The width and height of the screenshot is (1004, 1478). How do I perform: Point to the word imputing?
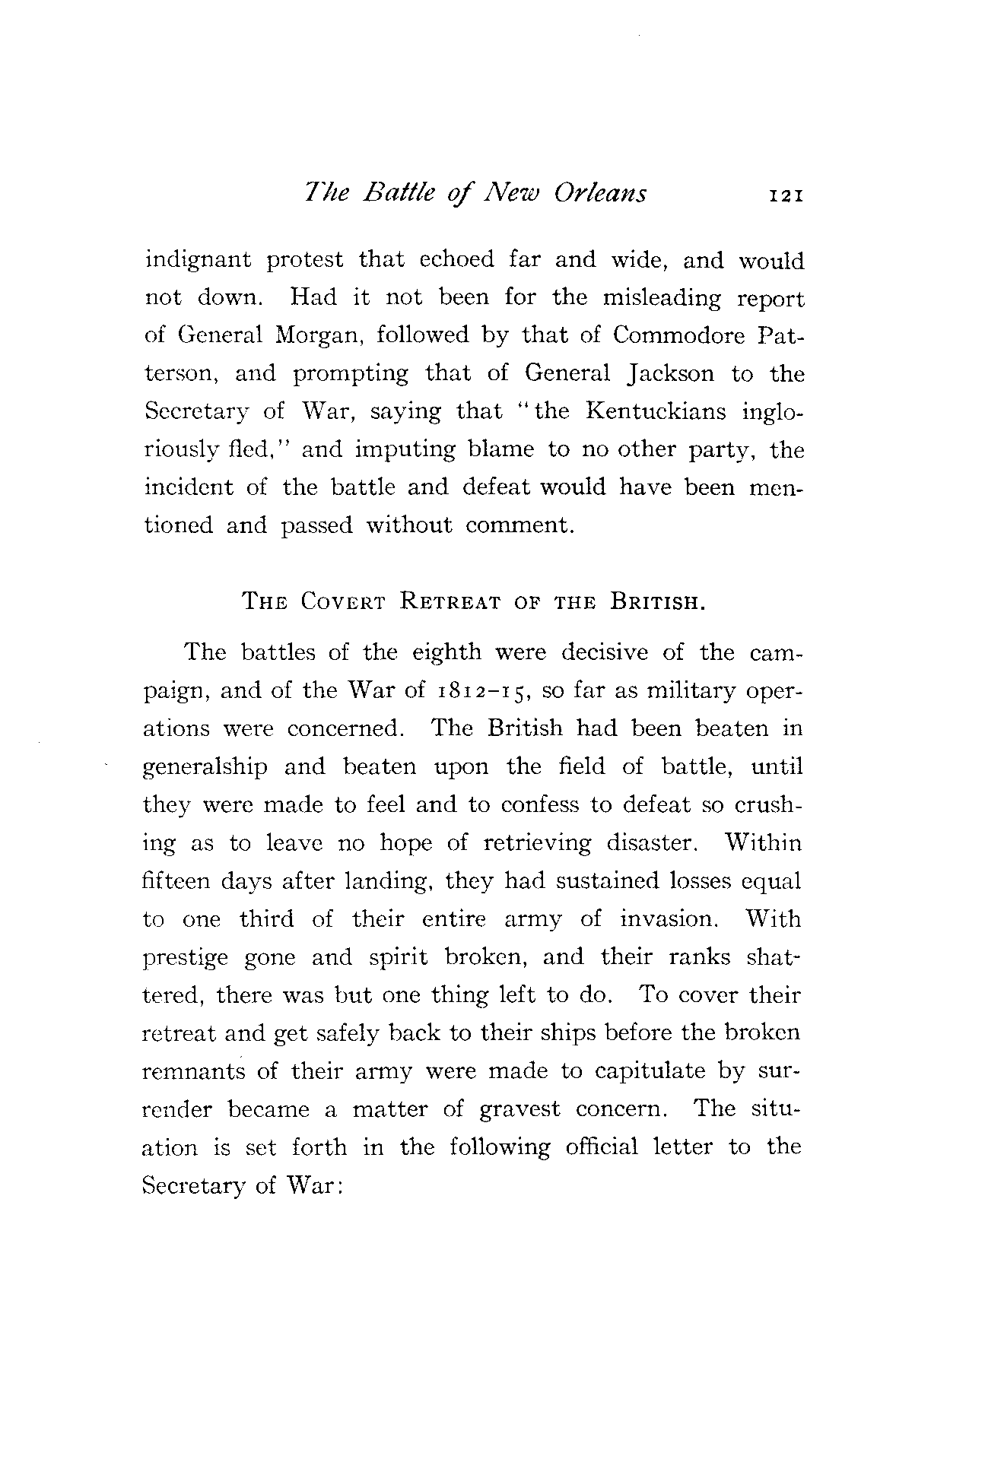click(405, 449)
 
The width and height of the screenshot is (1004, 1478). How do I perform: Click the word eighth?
click(446, 653)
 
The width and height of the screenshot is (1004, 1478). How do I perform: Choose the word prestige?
click(185, 958)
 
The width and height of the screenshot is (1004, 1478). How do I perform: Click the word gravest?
click(519, 1109)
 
